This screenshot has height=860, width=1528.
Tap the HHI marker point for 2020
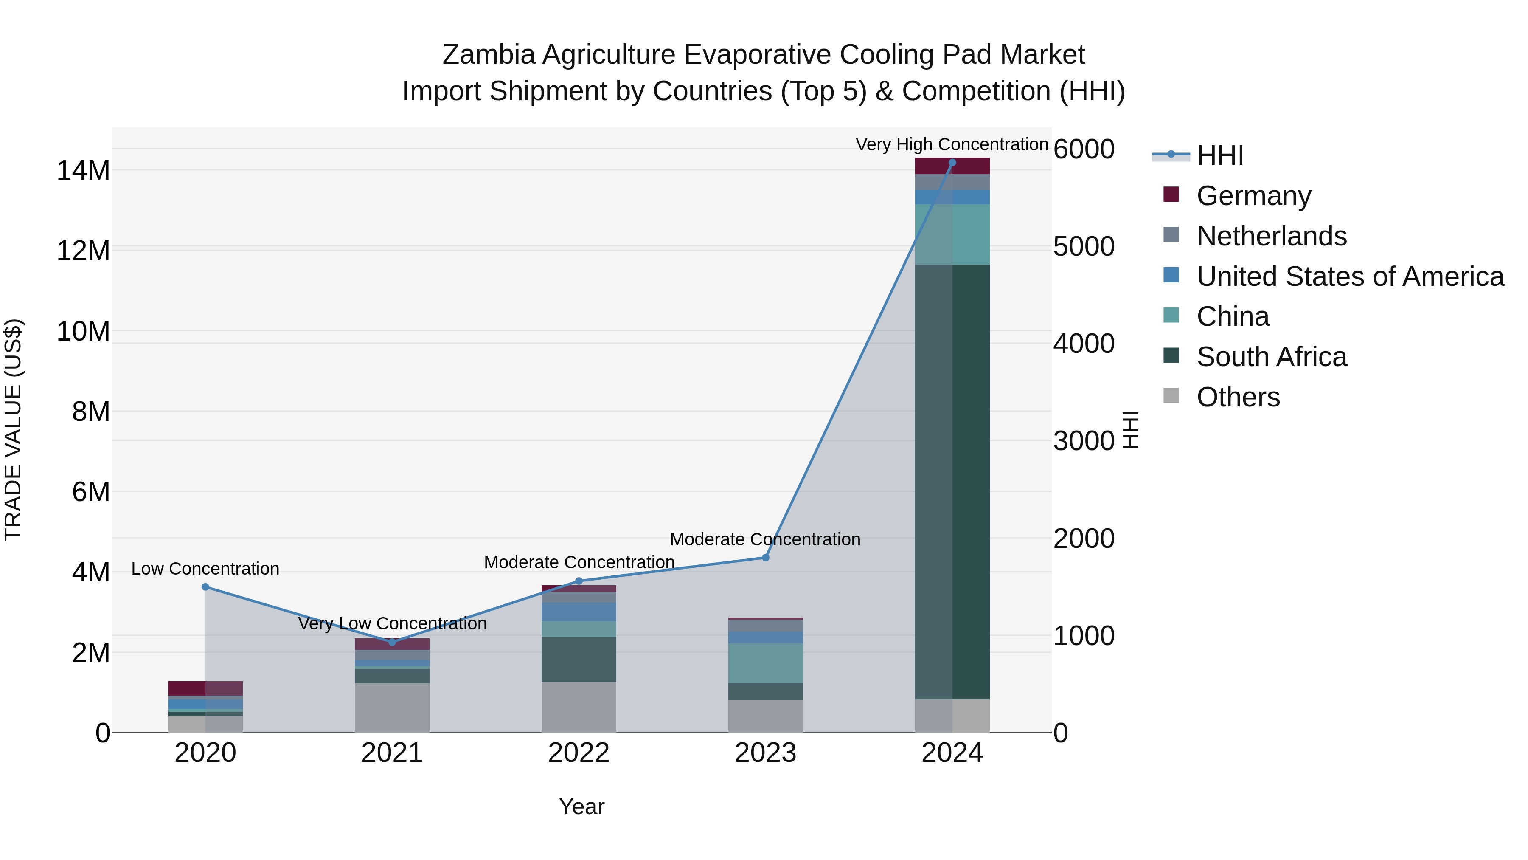[205, 586]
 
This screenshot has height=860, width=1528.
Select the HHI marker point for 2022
[579, 581]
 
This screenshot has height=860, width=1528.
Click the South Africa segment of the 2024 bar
[952, 481]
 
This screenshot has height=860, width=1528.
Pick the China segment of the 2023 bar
[765, 663]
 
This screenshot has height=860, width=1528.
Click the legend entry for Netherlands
[1271, 236]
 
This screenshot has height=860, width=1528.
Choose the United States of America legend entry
[1349, 276]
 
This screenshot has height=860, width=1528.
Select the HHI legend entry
[1219, 155]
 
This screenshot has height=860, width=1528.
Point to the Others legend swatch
[1171, 395]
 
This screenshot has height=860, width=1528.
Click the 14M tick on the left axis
[83, 170]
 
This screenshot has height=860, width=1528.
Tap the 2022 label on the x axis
[579, 753]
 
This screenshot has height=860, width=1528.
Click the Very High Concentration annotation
[952, 144]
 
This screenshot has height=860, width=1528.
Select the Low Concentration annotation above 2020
[205, 569]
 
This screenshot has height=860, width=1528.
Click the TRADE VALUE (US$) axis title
[14, 430]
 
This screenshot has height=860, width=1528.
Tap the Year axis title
[581, 806]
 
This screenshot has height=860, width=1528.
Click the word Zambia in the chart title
[488, 55]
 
